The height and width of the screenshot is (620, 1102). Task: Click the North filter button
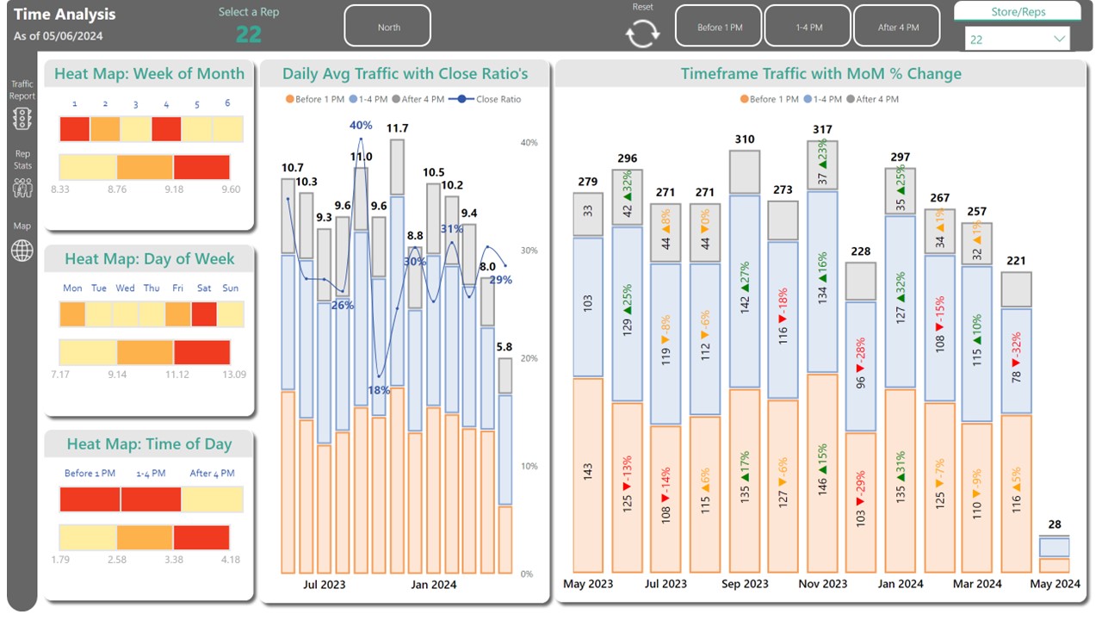(388, 28)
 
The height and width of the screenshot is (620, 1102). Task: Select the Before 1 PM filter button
(719, 28)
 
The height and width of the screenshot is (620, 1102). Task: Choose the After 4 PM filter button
(898, 28)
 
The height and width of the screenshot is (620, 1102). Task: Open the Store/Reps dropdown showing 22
(1017, 40)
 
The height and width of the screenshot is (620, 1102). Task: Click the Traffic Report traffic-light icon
(22, 119)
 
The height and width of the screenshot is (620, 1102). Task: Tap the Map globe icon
(22, 251)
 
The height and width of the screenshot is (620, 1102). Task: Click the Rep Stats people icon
(22, 187)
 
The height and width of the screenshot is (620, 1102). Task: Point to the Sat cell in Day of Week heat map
(204, 314)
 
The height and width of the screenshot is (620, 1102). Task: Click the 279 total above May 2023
(588, 182)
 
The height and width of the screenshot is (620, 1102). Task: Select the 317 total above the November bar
(822, 130)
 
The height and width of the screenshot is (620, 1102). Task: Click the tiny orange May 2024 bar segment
(1054, 566)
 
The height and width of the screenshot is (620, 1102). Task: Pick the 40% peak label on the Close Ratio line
(361, 126)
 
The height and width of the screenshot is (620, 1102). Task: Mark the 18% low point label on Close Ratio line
(379, 390)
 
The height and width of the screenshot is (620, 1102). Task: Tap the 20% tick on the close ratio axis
(528, 358)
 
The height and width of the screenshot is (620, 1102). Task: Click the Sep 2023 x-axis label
(744, 584)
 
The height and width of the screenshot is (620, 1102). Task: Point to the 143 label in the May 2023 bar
(588, 472)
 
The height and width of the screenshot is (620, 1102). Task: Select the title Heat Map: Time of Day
(149, 444)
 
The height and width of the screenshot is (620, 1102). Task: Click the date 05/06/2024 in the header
(75, 36)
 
